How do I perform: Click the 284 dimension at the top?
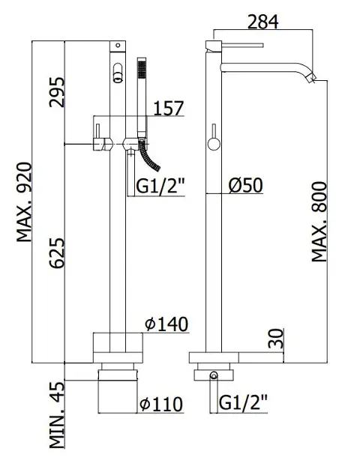point(262,22)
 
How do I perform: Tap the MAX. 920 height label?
point(24,202)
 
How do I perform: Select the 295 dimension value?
point(57,92)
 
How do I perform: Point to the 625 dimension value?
point(57,253)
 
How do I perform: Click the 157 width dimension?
point(169,109)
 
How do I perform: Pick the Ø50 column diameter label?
point(245,185)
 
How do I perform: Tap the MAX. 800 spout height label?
point(319,222)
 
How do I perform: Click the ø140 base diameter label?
point(166,324)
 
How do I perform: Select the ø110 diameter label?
point(161,404)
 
